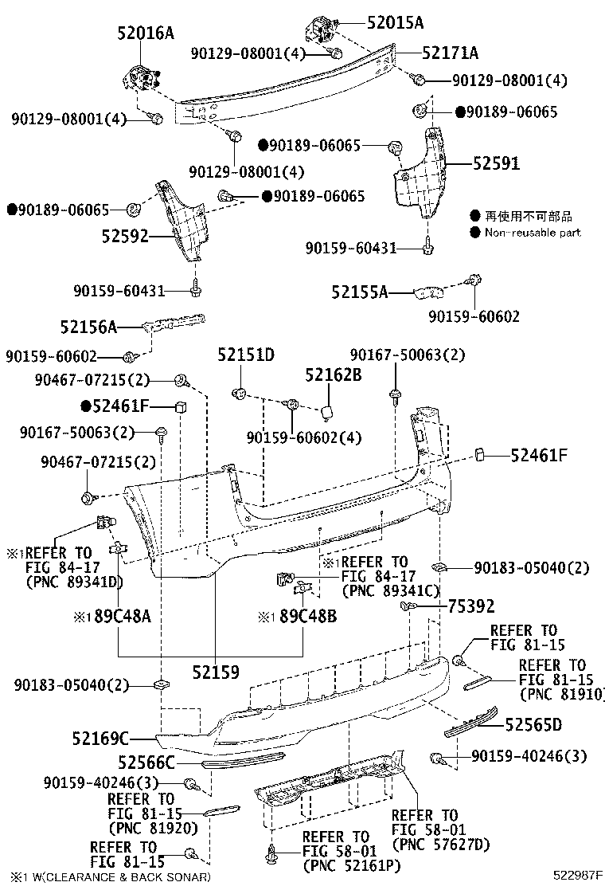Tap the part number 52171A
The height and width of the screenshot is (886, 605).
tap(450, 53)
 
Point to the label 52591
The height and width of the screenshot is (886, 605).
tap(496, 163)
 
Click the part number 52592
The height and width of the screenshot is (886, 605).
tap(126, 236)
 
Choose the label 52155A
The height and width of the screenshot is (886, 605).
tap(360, 292)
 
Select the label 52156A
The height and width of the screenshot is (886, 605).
tap(88, 326)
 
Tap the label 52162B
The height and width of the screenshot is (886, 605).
tap(334, 373)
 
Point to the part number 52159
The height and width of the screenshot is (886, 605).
tap(215, 672)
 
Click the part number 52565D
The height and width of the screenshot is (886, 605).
tap(534, 724)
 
